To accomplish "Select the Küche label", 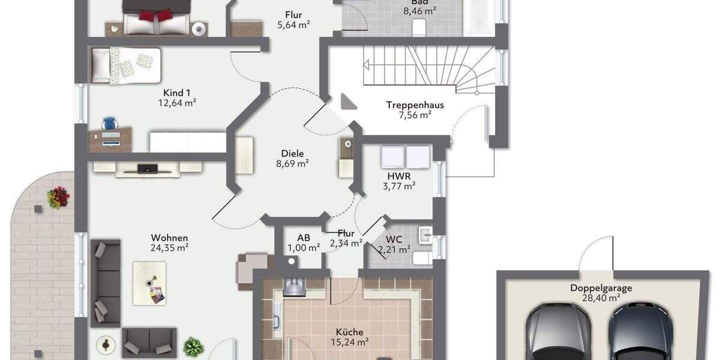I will click(349, 332).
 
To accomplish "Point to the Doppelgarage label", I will click(601, 288).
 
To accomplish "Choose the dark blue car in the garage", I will click(640, 333).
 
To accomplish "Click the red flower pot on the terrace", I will click(58, 197).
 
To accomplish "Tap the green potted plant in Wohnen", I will click(193, 346).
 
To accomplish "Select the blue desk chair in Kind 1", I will click(109, 123).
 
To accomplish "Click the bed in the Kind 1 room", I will click(126, 64).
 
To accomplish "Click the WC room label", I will click(394, 239).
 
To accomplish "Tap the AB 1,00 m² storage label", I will click(304, 242).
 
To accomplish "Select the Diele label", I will click(292, 153).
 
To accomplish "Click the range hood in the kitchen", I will click(295, 286).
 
